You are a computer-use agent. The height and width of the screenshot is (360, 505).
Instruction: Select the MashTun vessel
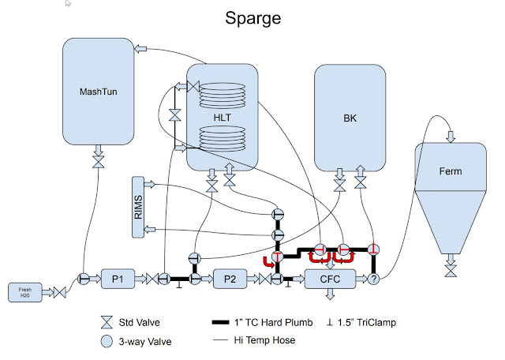tap(98, 91)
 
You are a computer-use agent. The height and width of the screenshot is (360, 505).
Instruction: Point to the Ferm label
tap(450, 171)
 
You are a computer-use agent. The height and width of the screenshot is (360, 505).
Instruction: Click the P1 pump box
tap(120, 278)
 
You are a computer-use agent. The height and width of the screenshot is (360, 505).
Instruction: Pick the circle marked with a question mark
tap(374, 279)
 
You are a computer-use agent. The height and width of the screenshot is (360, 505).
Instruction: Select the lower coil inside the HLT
tap(222, 139)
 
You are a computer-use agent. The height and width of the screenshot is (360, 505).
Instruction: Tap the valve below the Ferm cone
tap(451, 271)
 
